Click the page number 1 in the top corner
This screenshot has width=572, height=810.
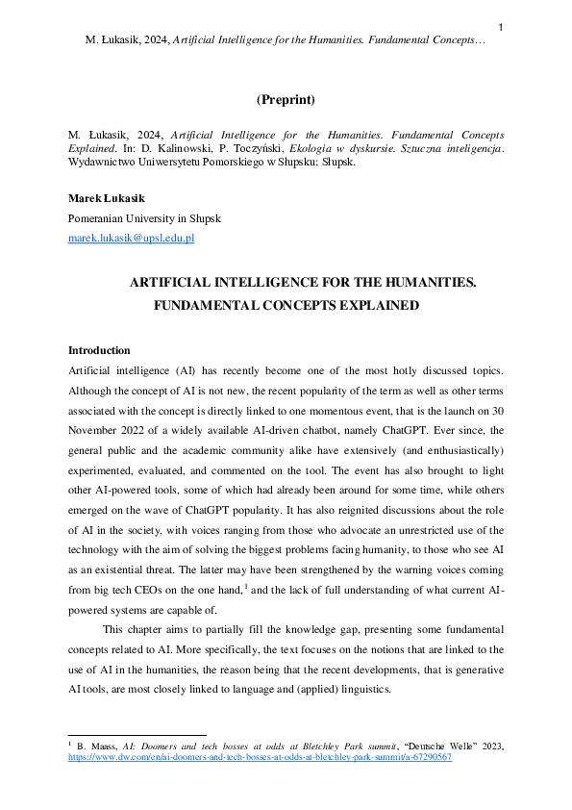[x=501, y=26]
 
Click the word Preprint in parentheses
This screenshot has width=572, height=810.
[x=286, y=99]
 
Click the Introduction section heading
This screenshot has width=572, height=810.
[x=99, y=350]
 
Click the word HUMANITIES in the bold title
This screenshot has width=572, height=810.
[x=421, y=282]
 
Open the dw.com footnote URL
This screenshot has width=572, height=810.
[x=260, y=757]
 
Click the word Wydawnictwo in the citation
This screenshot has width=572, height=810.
[x=96, y=163]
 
